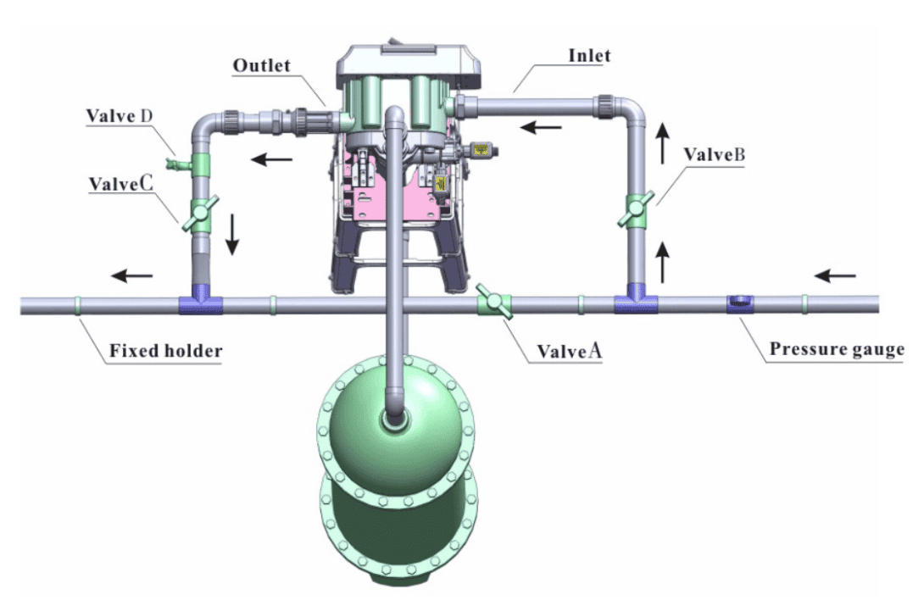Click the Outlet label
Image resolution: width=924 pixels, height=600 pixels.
click(x=262, y=65)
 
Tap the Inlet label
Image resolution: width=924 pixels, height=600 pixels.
click(x=589, y=55)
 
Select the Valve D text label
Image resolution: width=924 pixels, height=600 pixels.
click(x=120, y=115)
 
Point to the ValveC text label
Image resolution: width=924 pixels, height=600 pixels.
click(x=121, y=184)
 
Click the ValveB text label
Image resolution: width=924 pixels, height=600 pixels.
click(x=715, y=154)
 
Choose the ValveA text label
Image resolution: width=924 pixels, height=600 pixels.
click(x=570, y=352)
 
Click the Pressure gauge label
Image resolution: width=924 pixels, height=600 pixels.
click(x=837, y=349)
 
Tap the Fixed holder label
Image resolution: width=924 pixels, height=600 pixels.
click(x=165, y=351)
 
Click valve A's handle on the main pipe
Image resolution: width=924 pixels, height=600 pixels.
click(x=494, y=301)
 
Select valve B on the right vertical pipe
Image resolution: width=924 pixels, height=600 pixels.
click(x=636, y=208)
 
